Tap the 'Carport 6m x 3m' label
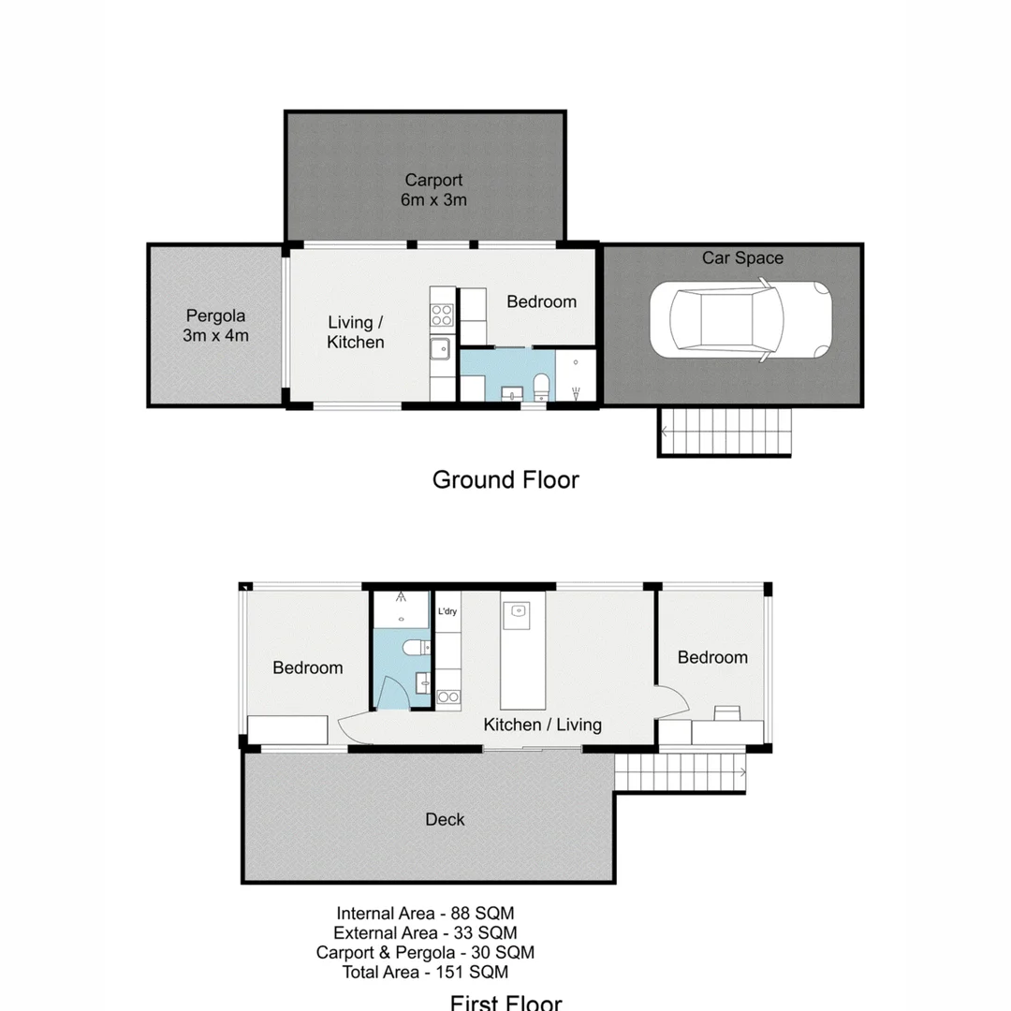pos(433,189)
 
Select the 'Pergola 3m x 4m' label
pos(215,325)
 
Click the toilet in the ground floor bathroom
pos(540,386)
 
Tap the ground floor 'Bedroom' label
pos(541,301)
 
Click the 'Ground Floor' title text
pos(505,480)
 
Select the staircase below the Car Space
pos(725,432)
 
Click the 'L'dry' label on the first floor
pos(447,612)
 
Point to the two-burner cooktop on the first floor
pos(447,696)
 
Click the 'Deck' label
pos(445,819)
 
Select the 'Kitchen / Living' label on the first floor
pos(542,725)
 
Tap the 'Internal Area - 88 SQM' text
pos(426,913)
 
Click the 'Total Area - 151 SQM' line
pos(426,972)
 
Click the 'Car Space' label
pos(742,257)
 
